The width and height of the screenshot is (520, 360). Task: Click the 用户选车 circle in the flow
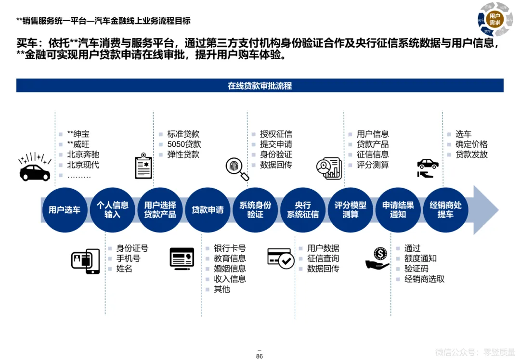pyautogui.click(x=65, y=210)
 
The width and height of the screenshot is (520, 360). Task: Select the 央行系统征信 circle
pyautogui.click(x=303, y=210)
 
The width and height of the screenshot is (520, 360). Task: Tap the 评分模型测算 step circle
pyautogui.click(x=351, y=210)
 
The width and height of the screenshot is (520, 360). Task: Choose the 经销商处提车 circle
pyautogui.click(x=445, y=210)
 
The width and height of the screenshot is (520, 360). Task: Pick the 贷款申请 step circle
pyautogui.click(x=208, y=210)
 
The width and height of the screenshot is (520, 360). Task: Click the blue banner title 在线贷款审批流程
pyautogui.click(x=260, y=86)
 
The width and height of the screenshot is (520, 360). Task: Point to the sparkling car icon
pyautogui.click(x=35, y=167)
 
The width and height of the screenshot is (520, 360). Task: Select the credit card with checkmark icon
pyautogui.click(x=281, y=258)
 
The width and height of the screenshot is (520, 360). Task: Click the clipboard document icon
pyautogui.click(x=143, y=166)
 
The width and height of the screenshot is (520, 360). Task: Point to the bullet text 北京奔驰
pyautogui.click(x=83, y=154)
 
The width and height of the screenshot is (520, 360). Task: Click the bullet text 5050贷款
pyautogui.click(x=184, y=144)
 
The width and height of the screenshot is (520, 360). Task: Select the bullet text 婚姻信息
pyautogui.click(x=230, y=269)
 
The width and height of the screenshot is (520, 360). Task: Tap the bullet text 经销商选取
pyautogui.click(x=425, y=279)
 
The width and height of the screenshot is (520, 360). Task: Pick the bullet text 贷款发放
pyautogui.click(x=472, y=154)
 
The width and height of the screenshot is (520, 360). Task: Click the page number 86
pyautogui.click(x=260, y=356)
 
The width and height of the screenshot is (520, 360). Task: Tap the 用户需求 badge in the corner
pyautogui.click(x=494, y=19)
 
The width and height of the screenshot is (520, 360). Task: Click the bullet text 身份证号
pyautogui.click(x=132, y=248)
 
